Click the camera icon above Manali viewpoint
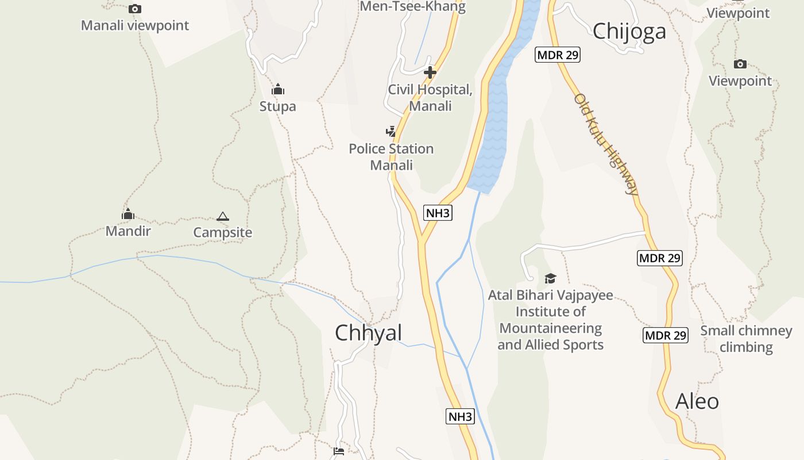(x=135, y=9)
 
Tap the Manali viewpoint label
(x=135, y=25)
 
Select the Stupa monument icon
(x=278, y=89)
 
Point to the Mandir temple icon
(x=128, y=214)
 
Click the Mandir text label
(x=128, y=231)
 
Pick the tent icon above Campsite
(x=223, y=216)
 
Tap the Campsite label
(x=223, y=232)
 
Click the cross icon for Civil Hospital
(x=430, y=72)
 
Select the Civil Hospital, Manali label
(x=430, y=98)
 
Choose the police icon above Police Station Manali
(x=391, y=132)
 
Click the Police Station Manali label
(x=391, y=157)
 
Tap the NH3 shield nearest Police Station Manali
(x=438, y=213)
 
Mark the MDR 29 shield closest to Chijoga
(x=558, y=55)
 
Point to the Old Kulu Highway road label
(x=606, y=144)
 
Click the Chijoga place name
(x=629, y=31)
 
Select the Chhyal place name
(x=368, y=332)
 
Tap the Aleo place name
(x=697, y=401)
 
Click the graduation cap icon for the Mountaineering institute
(x=550, y=279)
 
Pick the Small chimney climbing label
(x=746, y=339)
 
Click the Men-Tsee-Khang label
(x=412, y=7)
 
